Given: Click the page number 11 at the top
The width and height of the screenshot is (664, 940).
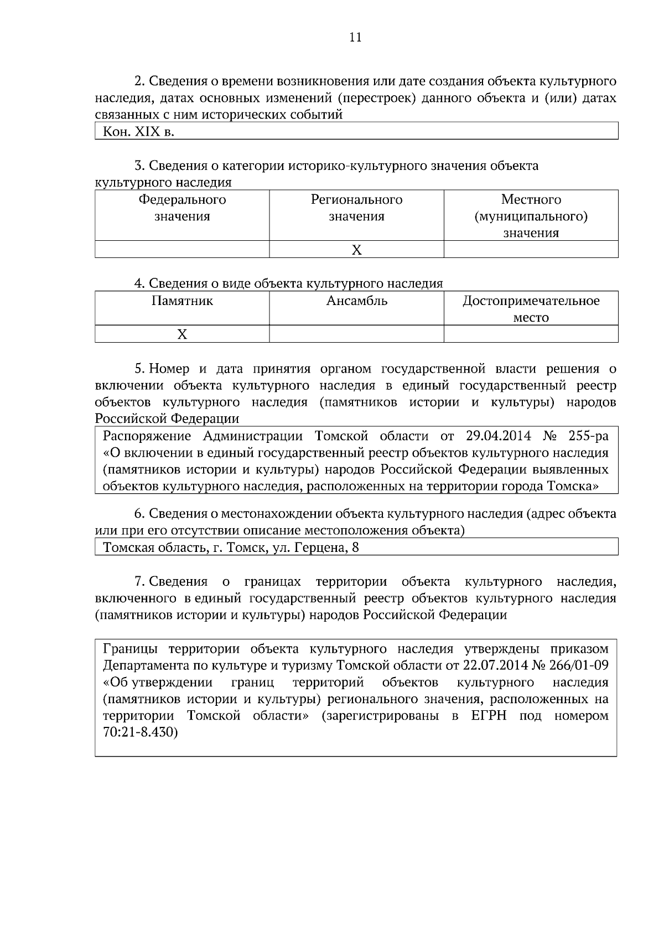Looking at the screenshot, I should click(355, 38).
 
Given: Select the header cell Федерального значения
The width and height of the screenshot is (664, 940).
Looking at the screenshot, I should click(182, 208).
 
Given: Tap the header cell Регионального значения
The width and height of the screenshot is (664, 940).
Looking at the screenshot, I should click(356, 208).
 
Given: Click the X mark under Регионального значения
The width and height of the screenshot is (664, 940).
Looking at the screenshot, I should click(357, 250).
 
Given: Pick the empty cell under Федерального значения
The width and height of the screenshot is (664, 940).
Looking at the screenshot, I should click(182, 250).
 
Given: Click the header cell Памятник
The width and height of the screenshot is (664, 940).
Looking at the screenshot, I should click(182, 301).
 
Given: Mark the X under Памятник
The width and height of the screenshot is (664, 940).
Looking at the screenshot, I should click(182, 334).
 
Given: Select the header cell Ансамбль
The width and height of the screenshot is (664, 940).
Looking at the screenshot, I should click(356, 301).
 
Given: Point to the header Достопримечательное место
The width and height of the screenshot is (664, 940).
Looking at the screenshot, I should click(531, 309).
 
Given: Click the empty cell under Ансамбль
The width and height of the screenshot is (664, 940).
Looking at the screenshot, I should click(356, 334).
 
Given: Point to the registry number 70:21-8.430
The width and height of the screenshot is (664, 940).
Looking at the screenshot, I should click(140, 732).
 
